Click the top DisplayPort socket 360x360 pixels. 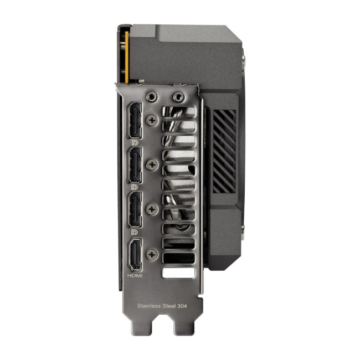point(135,121)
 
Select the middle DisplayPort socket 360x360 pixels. point(135,164)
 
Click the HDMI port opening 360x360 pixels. point(135,254)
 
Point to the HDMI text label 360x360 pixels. point(135,275)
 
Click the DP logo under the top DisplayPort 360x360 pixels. point(135,142)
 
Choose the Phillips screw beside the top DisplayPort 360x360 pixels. point(152,119)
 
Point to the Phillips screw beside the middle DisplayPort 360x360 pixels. point(152,164)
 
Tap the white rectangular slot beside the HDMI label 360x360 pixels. point(178,273)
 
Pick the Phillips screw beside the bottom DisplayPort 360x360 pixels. point(152,208)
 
